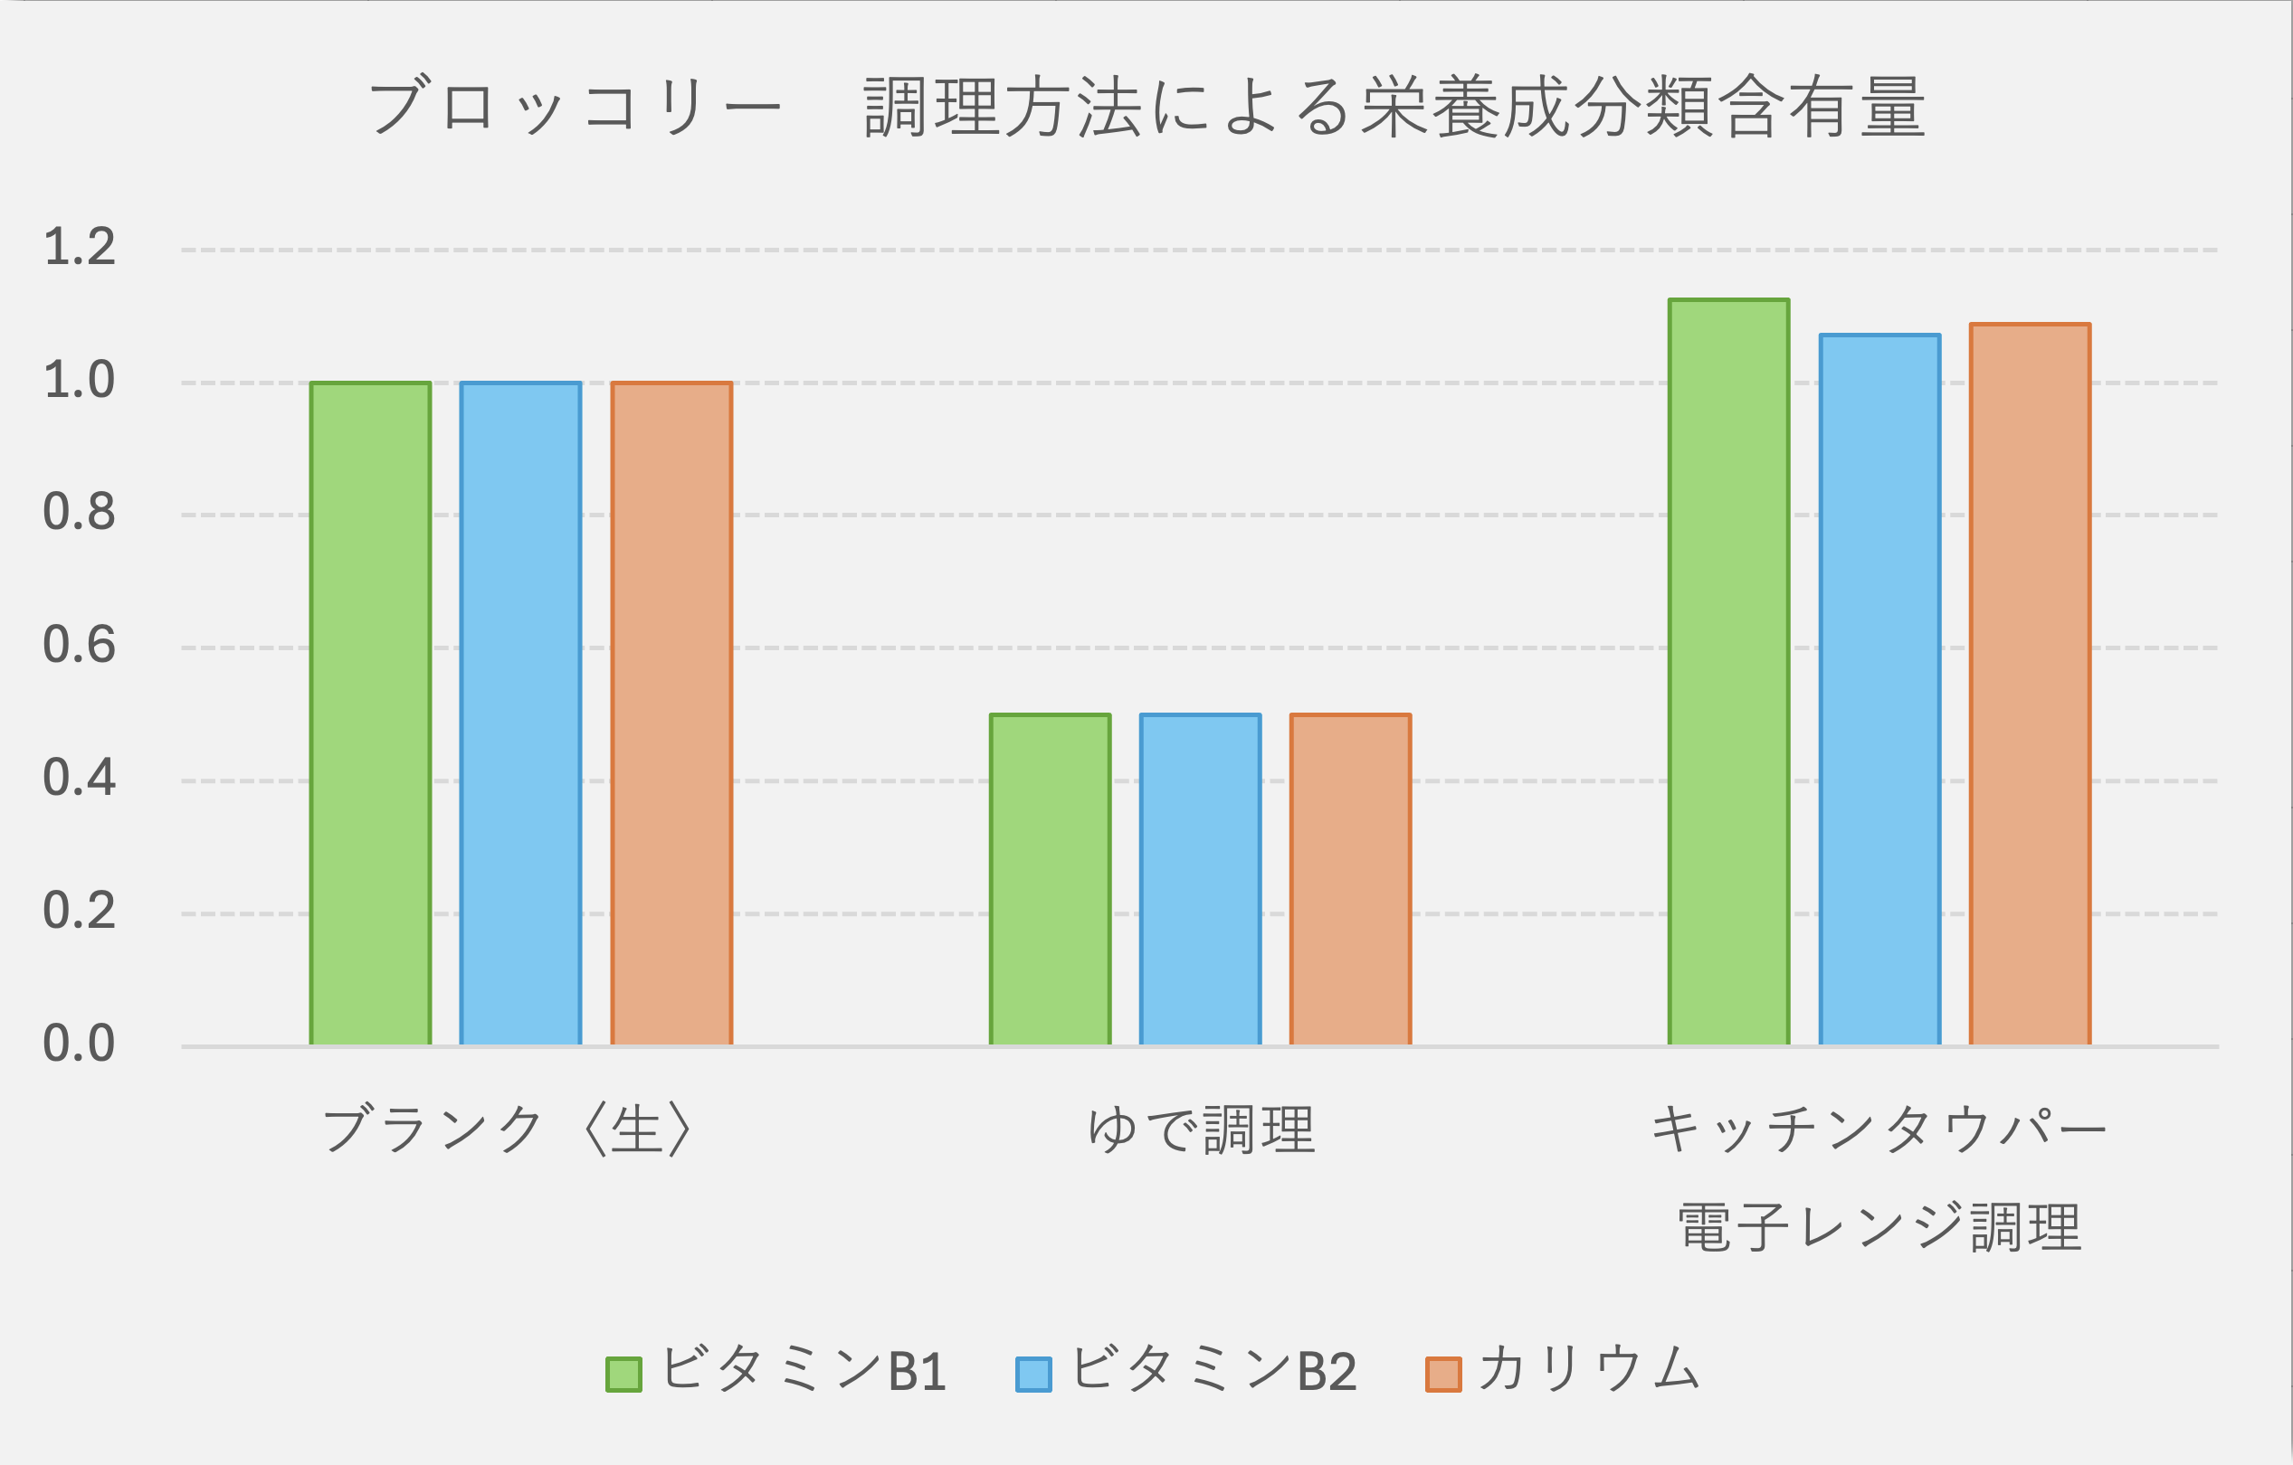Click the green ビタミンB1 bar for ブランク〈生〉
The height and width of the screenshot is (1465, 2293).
(x=370, y=714)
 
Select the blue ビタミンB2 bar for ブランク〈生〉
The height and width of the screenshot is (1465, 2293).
(x=521, y=714)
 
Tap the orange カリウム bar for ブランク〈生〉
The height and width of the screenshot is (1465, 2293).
(x=671, y=714)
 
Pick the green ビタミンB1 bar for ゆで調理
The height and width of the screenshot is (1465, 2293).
(x=1051, y=880)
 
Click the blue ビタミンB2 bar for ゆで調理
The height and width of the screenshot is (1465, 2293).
(x=1201, y=880)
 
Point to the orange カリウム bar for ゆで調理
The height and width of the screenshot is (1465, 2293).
(x=1350, y=880)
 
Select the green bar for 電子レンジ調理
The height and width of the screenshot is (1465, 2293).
(x=1729, y=672)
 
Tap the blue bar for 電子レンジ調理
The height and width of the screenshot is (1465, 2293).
(x=1879, y=690)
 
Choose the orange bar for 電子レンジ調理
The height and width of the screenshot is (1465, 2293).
(x=2031, y=685)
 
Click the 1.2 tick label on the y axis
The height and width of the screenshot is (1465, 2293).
(x=79, y=248)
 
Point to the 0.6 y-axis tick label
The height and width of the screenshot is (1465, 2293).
(x=79, y=646)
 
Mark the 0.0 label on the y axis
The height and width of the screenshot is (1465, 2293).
(x=79, y=1044)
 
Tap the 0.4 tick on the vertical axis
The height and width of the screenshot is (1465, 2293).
(x=79, y=778)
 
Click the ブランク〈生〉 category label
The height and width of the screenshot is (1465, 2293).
(x=508, y=1129)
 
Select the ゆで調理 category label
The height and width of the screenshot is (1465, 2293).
(x=1201, y=1129)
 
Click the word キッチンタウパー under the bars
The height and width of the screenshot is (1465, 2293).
(x=1878, y=1129)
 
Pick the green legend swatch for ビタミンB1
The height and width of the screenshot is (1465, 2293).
(x=623, y=1374)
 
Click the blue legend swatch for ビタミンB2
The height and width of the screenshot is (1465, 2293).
(x=1033, y=1374)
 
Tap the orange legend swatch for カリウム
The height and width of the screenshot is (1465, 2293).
(x=1442, y=1374)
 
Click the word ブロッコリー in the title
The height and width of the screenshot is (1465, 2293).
(x=575, y=107)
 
